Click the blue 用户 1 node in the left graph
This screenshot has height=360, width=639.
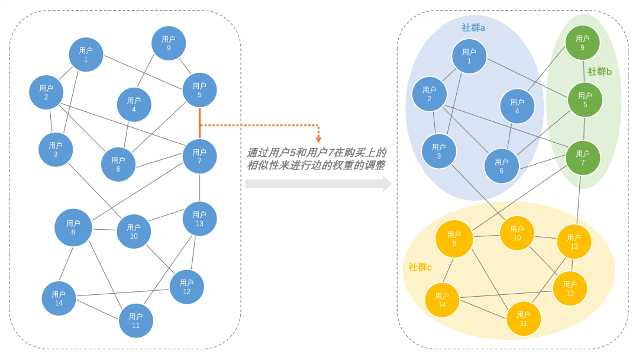[x=86, y=54]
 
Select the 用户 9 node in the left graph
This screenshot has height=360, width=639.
[x=169, y=43]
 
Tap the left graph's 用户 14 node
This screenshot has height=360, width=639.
[x=59, y=298]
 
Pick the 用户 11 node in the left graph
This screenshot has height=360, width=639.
[x=136, y=320]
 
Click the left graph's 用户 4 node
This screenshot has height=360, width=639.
[x=134, y=105]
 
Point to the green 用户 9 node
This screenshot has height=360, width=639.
[x=582, y=43]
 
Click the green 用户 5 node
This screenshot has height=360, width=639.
[x=585, y=99]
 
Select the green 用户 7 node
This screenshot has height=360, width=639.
[x=583, y=157]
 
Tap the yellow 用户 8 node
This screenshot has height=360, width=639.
[x=454, y=239]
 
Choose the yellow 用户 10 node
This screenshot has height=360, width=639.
[x=517, y=233]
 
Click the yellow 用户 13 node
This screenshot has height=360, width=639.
[x=574, y=242]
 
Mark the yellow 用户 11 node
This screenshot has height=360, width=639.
[x=524, y=319]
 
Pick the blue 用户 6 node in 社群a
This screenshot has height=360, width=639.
[x=501, y=166]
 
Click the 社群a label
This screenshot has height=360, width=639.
[x=473, y=28]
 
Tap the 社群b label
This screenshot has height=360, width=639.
[x=599, y=72]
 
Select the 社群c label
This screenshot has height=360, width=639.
[x=420, y=268]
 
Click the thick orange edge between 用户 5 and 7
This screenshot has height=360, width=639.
[x=200, y=123]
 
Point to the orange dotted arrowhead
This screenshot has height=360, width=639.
[x=318, y=140]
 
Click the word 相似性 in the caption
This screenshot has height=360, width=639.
[x=263, y=165]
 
